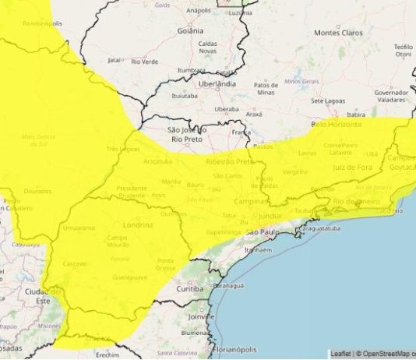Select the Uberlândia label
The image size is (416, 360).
pos(217,83)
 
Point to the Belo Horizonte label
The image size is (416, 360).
pos(337,124)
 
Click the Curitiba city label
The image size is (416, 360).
pos(198,289)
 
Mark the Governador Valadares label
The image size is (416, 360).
pos(391,96)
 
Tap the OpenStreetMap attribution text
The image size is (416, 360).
pos(386,354)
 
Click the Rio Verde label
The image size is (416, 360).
pos(146,61)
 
